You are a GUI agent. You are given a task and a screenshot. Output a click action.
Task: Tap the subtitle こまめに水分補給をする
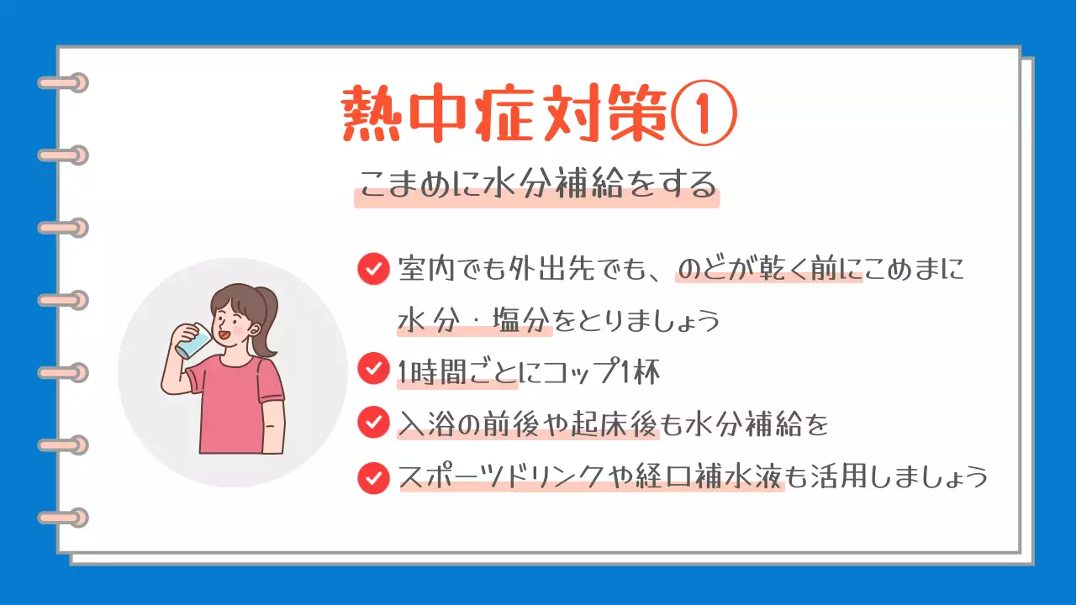point(536,184)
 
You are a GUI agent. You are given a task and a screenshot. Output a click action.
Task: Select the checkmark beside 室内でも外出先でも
point(372,269)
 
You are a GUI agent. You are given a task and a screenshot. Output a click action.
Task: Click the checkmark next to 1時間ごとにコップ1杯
point(372,369)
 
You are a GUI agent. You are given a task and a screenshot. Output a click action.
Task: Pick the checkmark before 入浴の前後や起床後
point(372,423)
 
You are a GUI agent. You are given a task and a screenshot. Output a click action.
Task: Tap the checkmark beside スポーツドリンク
point(372,477)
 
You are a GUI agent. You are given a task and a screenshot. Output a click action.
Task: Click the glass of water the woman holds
point(195,340)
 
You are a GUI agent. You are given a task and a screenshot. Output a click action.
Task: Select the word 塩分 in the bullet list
point(522,320)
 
